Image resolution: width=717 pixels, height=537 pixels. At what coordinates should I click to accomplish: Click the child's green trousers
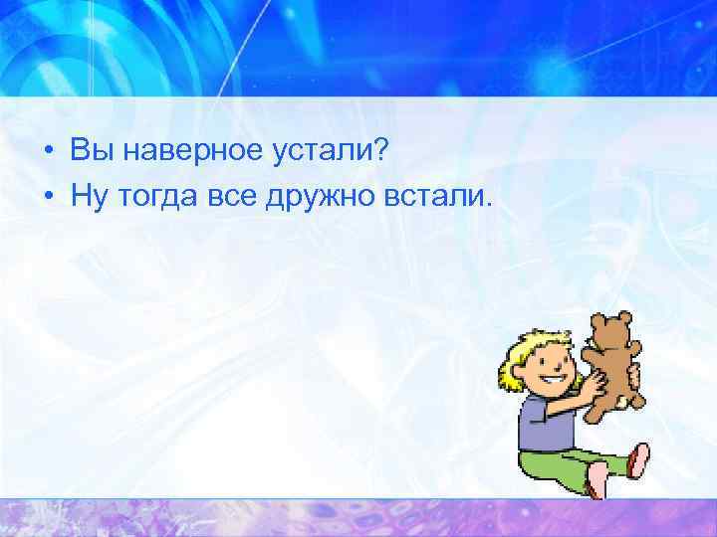[568, 463]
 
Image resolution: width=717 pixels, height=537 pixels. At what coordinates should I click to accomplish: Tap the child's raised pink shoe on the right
[638, 459]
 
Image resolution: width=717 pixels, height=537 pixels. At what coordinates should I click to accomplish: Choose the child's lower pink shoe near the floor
[597, 481]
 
